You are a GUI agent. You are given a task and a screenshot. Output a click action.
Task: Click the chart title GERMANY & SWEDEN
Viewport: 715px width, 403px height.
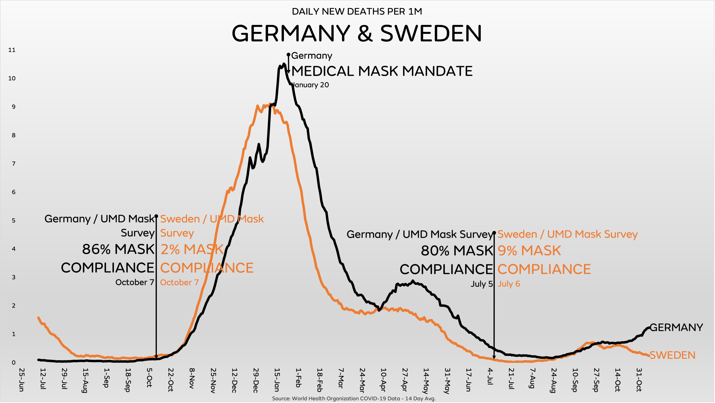[357, 33]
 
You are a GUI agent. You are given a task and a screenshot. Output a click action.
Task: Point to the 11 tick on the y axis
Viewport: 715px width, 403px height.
[12, 50]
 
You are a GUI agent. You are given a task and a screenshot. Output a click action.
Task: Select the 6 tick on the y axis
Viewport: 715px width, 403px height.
[13, 192]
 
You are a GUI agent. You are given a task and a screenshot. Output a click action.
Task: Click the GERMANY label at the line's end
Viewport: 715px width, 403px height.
[676, 328]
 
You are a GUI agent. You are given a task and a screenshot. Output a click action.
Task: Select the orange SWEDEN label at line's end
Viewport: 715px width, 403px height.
[672, 355]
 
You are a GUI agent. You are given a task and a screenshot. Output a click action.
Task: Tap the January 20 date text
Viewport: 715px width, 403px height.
[311, 85]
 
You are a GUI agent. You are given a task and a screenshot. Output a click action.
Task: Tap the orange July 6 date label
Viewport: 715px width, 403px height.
[508, 284]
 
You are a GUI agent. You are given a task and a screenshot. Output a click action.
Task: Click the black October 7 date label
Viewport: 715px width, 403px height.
[135, 282]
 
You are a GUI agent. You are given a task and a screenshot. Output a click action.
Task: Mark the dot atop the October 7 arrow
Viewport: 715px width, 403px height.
[156, 216]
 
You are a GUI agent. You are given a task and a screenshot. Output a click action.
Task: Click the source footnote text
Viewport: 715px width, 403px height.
[354, 399]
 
